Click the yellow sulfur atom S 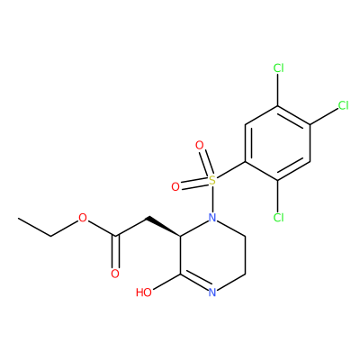pyautogui.click(x=212, y=180)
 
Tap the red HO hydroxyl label pyautogui.click(x=144, y=292)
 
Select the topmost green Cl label pyautogui.click(x=279, y=68)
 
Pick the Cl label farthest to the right pyautogui.click(x=343, y=105)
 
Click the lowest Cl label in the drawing pyautogui.click(x=279, y=217)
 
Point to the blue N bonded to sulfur pyautogui.click(x=212, y=218)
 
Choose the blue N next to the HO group pyautogui.click(x=212, y=292)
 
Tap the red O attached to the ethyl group pyautogui.click(x=83, y=218)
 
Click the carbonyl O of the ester pyautogui.click(x=115, y=274)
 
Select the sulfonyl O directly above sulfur pyautogui.click(x=200, y=146)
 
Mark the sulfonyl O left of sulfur pyautogui.click(x=175, y=187)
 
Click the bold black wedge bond pyautogui.click(x=164, y=227)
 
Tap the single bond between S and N pyautogui.click(x=212, y=199)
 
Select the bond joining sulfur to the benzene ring pyautogui.click(x=230, y=170)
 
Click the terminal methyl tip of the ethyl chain pyautogui.click(x=19, y=218)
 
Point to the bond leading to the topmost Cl pyautogui.click(x=278, y=90)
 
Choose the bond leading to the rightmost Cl pyautogui.click(x=324, y=116)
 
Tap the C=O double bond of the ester pyautogui.click(x=115, y=252)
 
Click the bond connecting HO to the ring pyautogui.click(x=166, y=282)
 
